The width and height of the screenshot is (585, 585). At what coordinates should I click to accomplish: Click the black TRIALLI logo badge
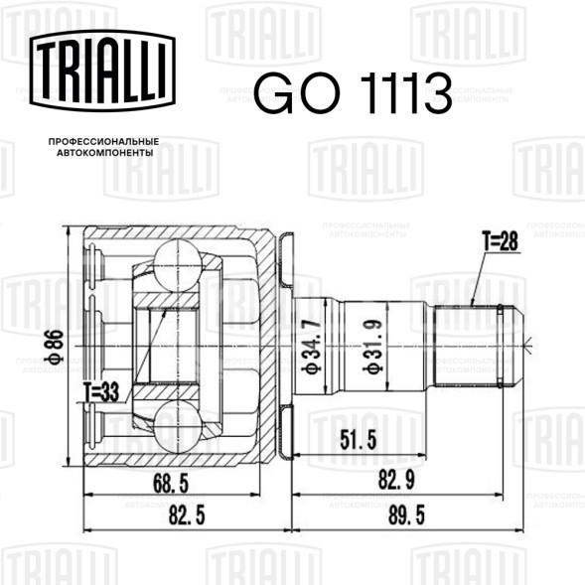(102, 71)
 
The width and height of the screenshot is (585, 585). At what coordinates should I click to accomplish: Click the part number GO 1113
(353, 93)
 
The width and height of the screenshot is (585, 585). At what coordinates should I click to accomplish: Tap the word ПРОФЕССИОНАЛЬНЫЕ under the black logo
(103, 142)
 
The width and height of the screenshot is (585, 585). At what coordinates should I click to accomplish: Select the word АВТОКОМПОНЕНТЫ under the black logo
(105, 153)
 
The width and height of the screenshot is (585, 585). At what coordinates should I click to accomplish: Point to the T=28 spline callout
(500, 241)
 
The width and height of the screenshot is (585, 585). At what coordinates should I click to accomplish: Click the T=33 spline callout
(101, 392)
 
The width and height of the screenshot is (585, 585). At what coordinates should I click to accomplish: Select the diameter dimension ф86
(55, 347)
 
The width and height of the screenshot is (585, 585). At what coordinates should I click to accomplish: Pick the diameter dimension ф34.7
(312, 346)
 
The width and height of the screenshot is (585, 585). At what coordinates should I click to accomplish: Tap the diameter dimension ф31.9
(372, 346)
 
